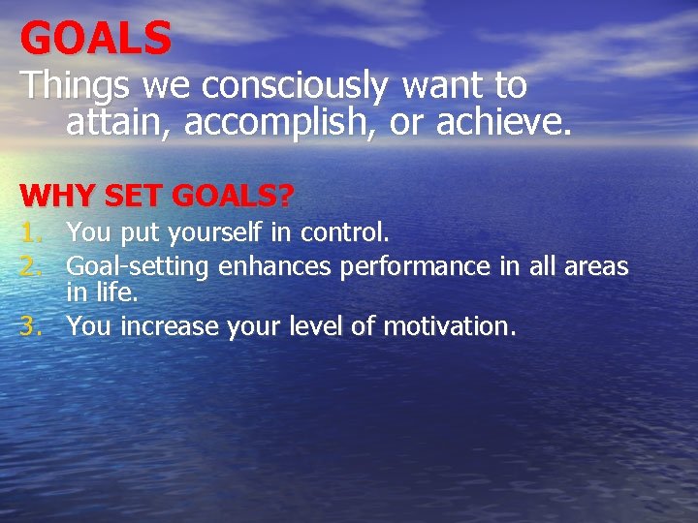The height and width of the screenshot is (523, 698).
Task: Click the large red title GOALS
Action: click(x=95, y=39)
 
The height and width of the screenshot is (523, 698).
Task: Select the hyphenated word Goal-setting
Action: click(x=139, y=266)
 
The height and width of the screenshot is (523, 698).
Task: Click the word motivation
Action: click(x=449, y=326)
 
